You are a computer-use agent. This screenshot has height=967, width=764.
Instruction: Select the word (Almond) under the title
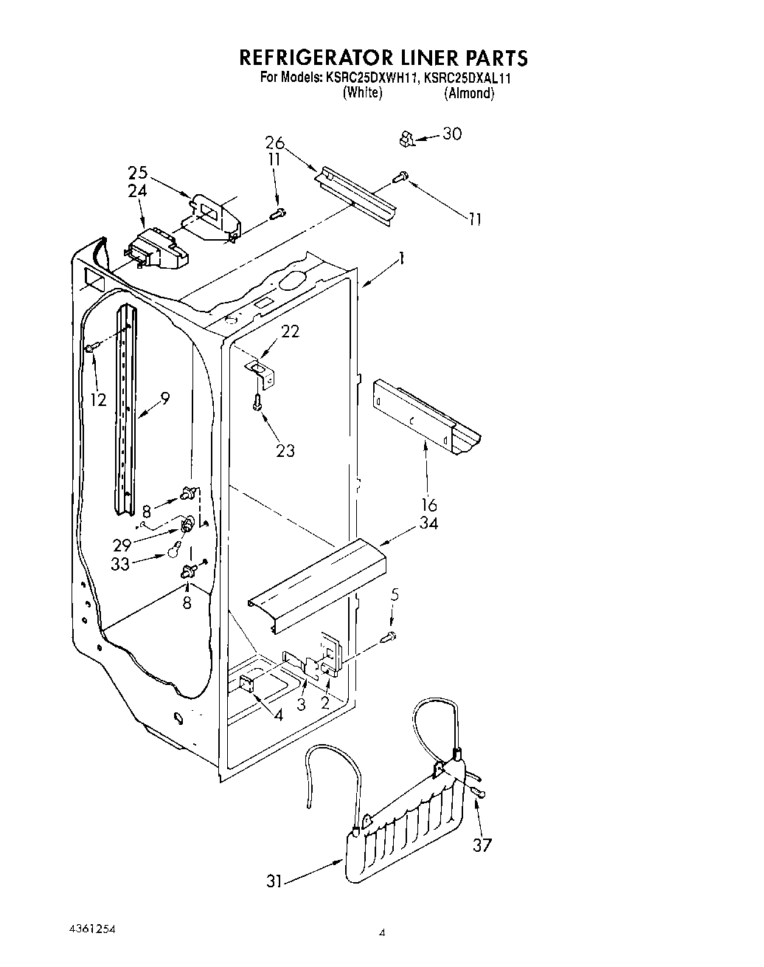pos(469,94)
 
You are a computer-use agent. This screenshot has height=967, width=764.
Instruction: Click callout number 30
pos(451,134)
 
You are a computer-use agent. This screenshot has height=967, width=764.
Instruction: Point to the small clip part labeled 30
pos(405,137)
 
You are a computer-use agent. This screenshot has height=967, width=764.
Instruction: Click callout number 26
pos(274,142)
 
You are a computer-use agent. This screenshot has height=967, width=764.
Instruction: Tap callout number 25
pos(138,173)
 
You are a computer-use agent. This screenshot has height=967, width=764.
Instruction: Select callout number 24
pos(138,190)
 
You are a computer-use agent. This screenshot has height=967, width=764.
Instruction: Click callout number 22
pos(291,331)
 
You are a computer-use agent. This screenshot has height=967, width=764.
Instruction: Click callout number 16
pos(428,506)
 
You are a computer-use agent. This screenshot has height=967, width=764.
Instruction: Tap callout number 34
pos(428,523)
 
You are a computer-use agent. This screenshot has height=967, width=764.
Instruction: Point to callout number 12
pos(98,400)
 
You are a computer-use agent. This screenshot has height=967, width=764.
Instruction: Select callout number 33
pos(120,563)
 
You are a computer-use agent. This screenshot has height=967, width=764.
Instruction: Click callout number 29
pos(122,545)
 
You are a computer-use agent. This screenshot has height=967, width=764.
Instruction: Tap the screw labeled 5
pos(390,637)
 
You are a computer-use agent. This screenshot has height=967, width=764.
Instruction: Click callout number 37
pos(482,845)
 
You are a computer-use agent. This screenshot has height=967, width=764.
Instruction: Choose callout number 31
pos(274,881)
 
